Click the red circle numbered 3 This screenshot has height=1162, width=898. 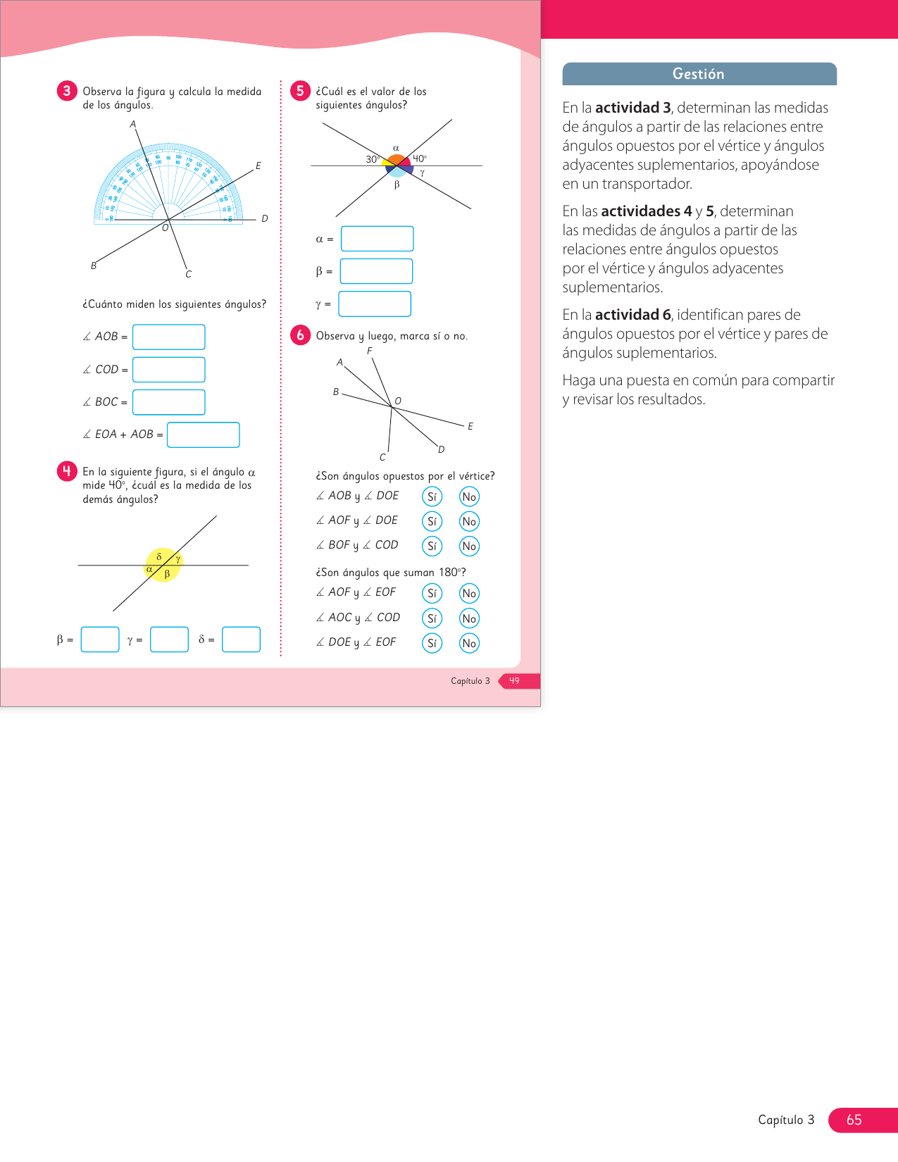point(67,91)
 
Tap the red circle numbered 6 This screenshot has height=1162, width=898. point(301,335)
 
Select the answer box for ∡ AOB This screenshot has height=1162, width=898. point(169,337)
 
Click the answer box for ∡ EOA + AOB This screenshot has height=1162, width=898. point(204,435)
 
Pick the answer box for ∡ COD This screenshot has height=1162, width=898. point(169,370)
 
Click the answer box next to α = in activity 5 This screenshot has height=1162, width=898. point(377,239)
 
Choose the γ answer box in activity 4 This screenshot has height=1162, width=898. point(170,639)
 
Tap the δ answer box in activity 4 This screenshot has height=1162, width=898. point(241,639)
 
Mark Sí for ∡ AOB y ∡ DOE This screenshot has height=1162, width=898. point(432,496)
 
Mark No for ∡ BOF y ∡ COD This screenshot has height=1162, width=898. point(469,546)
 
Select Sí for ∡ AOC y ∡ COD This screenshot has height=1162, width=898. point(432,618)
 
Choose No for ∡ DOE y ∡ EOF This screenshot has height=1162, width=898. point(469,643)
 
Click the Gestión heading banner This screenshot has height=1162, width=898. point(699,74)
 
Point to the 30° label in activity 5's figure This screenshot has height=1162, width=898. point(372,159)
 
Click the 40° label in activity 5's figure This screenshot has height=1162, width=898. point(420,158)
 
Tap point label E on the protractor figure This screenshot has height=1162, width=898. point(258,166)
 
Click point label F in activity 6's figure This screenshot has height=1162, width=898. point(370,351)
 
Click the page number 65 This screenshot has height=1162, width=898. point(854,1120)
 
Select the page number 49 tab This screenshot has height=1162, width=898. point(515,681)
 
